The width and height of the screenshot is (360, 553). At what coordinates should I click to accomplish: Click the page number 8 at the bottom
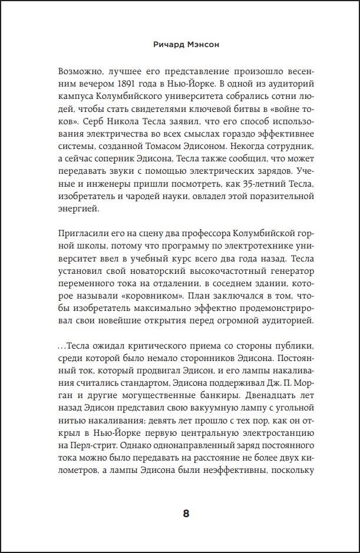[186, 512]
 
